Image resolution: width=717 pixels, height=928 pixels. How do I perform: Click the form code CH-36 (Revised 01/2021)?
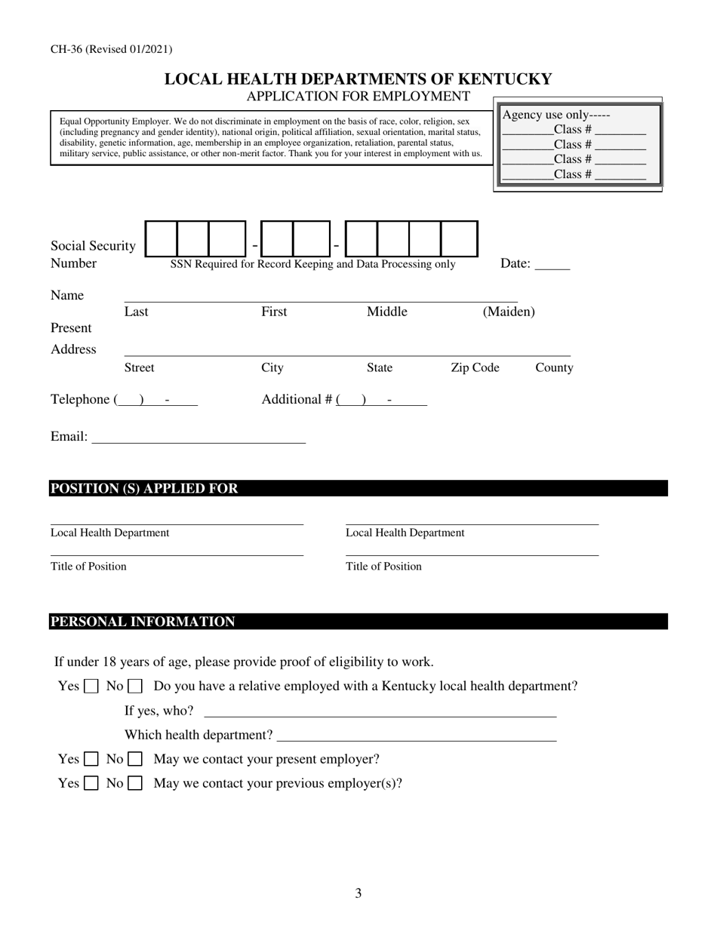pyautogui.click(x=111, y=50)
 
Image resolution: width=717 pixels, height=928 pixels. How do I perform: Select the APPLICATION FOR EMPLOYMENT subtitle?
pyautogui.click(x=358, y=96)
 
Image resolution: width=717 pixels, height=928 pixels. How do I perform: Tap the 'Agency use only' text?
pyautogui.click(x=555, y=115)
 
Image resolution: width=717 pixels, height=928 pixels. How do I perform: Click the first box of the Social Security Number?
pyautogui.click(x=160, y=239)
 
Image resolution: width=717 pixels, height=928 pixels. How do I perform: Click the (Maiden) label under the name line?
pyautogui.click(x=509, y=312)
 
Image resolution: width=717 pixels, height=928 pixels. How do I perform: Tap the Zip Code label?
pyautogui.click(x=475, y=367)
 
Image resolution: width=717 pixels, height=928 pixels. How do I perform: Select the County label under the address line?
pyautogui.click(x=554, y=367)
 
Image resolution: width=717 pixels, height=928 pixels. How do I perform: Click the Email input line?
pyautogui.click(x=198, y=437)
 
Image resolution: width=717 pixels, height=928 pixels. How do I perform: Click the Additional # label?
pyautogui.click(x=297, y=400)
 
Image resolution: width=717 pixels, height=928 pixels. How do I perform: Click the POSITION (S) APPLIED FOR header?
pyautogui.click(x=144, y=489)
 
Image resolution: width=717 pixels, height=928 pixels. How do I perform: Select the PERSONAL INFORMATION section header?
pyautogui.click(x=143, y=622)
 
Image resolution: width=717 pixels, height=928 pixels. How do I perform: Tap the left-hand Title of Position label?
pyautogui.click(x=88, y=567)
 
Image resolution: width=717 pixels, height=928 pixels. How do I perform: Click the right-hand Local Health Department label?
pyautogui.click(x=405, y=533)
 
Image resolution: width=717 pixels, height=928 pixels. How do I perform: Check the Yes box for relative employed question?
pyautogui.click(x=91, y=687)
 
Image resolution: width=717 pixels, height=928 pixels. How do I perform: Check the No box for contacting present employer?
pyautogui.click(x=135, y=759)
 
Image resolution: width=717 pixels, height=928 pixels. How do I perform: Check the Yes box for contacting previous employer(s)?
pyautogui.click(x=91, y=783)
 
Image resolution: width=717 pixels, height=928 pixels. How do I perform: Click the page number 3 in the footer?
pyautogui.click(x=358, y=894)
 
